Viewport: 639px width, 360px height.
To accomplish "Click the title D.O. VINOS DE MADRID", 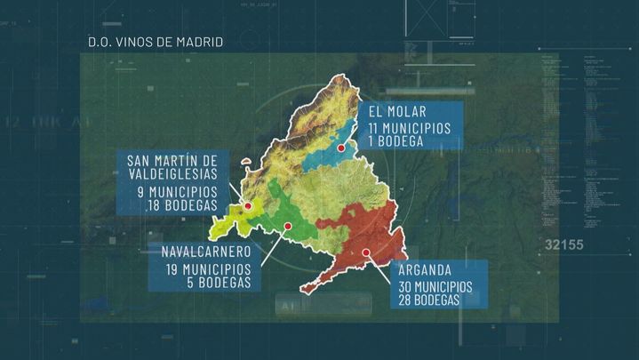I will point(156,42).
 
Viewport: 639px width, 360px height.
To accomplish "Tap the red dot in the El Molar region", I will point(340,148).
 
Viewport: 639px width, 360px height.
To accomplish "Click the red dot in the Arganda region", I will point(365,252).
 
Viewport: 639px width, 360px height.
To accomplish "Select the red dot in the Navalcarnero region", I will point(288,226).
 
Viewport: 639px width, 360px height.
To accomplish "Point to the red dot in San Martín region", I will point(249,206).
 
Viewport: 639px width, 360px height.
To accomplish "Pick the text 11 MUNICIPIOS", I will point(411,128).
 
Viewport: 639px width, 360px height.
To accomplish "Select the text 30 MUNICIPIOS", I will point(435,286).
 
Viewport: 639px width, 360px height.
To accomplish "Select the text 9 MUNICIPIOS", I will point(176,191).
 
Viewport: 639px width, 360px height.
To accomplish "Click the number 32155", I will point(564,244).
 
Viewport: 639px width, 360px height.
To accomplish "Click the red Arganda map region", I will point(355,236).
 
